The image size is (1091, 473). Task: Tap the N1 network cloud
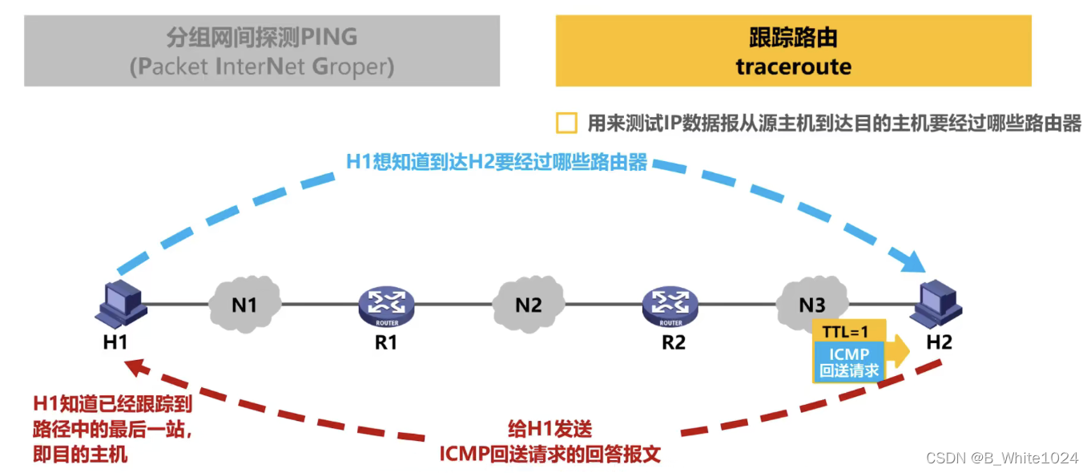(x=244, y=305)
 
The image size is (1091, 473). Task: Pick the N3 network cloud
(x=811, y=304)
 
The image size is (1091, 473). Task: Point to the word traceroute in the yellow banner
(x=793, y=67)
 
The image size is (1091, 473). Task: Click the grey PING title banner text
(x=262, y=51)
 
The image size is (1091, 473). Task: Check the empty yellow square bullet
(x=566, y=123)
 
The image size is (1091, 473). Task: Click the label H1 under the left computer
(x=115, y=342)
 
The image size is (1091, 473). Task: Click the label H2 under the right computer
(x=939, y=342)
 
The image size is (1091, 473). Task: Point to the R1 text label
(x=386, y=342)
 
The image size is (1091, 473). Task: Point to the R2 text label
(x=673, y=342)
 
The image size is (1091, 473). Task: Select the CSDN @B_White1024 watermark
(x=1001, y=458)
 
